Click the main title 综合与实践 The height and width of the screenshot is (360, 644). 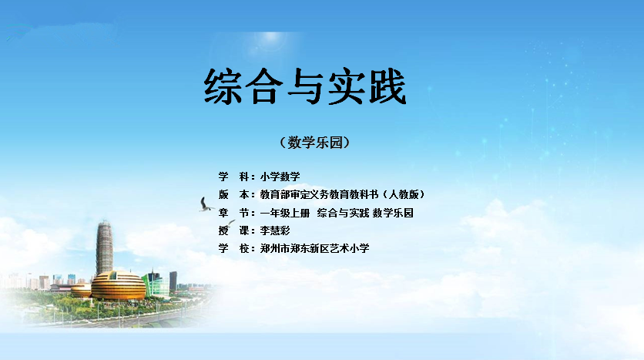click(305, 86)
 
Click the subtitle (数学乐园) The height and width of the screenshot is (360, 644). click(314, 143)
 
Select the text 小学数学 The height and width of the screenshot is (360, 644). click(280, 177)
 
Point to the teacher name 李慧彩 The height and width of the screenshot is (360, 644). click(275, 230)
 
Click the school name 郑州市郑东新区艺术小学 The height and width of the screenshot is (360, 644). click(314, 248)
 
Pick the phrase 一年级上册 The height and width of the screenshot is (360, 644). click(284, 213)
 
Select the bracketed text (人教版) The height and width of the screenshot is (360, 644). click(404, 194)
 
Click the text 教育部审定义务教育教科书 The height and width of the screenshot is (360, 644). click(319, 194)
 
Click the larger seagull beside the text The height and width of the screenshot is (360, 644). click(206, 204)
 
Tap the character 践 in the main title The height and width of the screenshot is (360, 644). click(387, 86)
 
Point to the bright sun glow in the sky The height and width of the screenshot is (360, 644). click(270, 39)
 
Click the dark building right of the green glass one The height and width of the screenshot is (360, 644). click(173, 281)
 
